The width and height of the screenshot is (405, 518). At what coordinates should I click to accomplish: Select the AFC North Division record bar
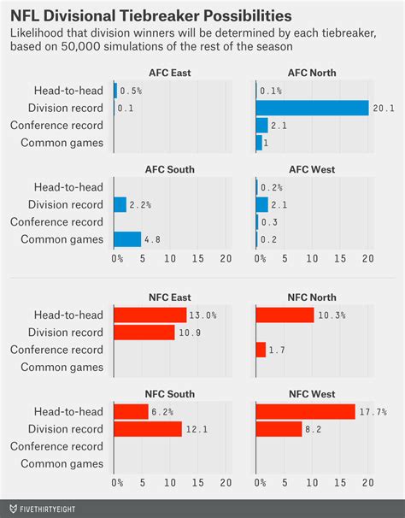(312, 108)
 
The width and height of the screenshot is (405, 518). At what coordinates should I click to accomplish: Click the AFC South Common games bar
(126, 239)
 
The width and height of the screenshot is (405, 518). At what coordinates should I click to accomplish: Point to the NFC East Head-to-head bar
(150, 315)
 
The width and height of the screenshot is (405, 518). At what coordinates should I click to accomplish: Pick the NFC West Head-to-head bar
(305, 412)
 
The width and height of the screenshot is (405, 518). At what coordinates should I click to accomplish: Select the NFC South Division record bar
(147, 429)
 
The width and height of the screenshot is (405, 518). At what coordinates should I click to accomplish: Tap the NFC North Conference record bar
(261, 349)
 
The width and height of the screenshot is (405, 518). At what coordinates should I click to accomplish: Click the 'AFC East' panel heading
(169, 74)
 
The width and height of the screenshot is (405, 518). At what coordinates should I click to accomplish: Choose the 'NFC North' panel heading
(310, 297)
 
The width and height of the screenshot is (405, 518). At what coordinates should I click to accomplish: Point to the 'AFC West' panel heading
(310, 171)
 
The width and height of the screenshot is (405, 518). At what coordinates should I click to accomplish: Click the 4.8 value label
(152, 239)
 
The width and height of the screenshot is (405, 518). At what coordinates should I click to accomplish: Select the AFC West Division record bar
(261, 204)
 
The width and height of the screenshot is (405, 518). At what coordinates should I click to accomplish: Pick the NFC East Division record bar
(144, 332)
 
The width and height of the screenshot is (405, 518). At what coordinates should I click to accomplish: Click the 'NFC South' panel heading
(169, 394)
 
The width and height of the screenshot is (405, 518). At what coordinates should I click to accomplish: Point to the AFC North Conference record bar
(261, 125)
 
